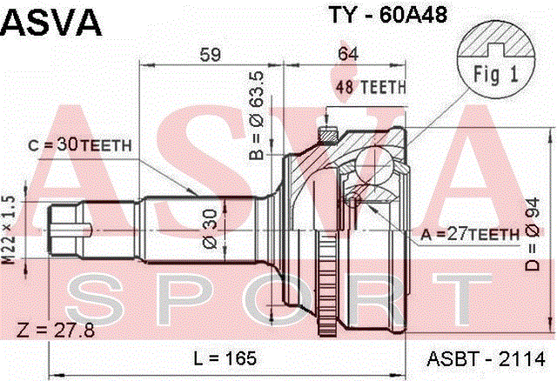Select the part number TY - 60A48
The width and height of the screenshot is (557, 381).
[388, 15]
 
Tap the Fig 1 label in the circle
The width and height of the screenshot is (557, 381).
[495, 75]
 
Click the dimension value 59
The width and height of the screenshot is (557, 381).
[211, 54]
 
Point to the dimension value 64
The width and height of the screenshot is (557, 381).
[348, 54]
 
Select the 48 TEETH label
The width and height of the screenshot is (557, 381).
[371, 87]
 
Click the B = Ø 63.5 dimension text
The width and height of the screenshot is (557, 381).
[257, 116]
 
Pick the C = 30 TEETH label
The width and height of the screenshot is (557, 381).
[80, 145]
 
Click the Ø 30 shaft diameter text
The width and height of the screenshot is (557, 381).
[210, 229]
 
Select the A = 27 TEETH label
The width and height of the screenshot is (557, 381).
[470, 234]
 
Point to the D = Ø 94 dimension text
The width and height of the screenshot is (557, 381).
[532, 234]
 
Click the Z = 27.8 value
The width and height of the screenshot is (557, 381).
[56, 331]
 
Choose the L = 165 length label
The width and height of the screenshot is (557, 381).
[225, 358]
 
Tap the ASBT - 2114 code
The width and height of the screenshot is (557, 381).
[486, 358]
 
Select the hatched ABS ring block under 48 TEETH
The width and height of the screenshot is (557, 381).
[328, 136]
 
